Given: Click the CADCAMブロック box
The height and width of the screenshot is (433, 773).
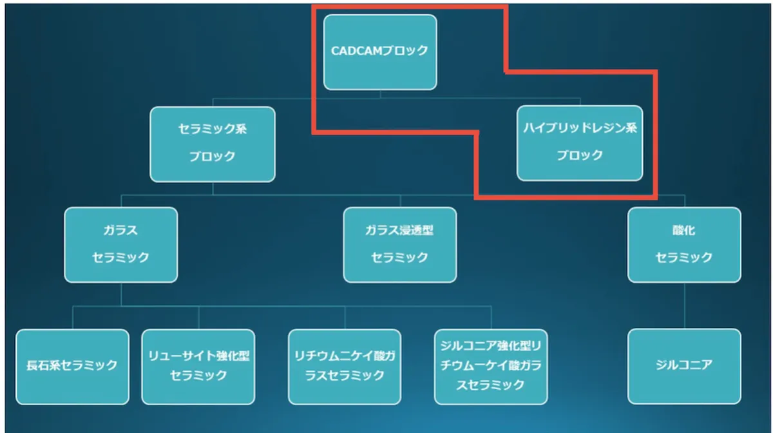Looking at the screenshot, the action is (x=380, y=52).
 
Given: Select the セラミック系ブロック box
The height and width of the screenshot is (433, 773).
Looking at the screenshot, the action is (x=213, y=144).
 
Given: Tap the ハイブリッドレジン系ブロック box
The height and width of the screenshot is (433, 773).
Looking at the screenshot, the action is (x=580, y=143).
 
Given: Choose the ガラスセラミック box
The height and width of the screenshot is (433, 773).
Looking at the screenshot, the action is (x=121, y=245).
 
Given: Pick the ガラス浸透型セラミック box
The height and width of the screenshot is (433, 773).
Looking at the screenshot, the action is (x=400, y=245).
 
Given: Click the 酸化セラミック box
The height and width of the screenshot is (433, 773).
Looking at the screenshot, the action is (x=684, y=245).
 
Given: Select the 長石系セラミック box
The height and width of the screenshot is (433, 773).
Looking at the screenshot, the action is (x=72, y=367).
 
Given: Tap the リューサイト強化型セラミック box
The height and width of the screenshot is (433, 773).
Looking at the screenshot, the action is (x=198, y=367).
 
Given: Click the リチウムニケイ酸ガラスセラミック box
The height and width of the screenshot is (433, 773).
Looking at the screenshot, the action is (x=345, y=367).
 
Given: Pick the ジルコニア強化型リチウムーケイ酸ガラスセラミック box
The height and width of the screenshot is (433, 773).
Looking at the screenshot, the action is (x=491, y=367).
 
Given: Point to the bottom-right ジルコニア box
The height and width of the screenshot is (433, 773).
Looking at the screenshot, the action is (x=684, y=367).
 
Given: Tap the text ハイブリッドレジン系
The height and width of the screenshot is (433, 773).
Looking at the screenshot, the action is (x=580, y=128).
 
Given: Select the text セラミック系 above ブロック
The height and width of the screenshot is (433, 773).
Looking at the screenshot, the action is (x=213, y=129).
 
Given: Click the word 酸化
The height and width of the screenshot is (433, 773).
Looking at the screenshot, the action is (x=684, y=230).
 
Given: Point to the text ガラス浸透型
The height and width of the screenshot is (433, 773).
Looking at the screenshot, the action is (x=399, y=230).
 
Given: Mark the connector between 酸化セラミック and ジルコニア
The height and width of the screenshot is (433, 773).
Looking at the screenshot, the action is (x=684, y=305).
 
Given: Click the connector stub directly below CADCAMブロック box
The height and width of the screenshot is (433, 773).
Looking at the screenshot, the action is (x=380, y=94).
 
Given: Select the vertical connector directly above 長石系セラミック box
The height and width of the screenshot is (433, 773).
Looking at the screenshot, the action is (x=73, y=318).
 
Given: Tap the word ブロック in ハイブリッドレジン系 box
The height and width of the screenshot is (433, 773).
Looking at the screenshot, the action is (x=580, y=155).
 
